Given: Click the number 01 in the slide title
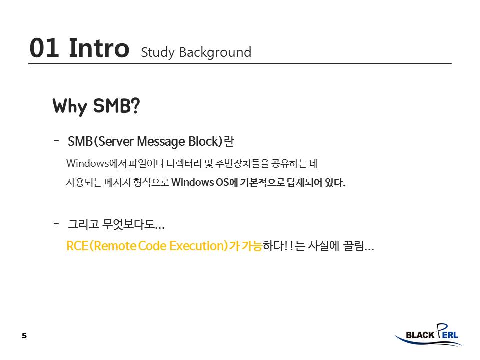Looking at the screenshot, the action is [44, 48].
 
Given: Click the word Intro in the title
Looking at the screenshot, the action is [99, 48].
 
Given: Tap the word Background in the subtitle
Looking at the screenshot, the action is [215, 52].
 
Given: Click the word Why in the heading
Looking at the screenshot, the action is [70, 107].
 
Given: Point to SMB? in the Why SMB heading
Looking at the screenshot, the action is [116, 105].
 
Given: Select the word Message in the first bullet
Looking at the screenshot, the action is [161, 142].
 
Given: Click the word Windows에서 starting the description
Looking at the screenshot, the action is [96, 163].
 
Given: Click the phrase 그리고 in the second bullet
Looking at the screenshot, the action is [83, 224].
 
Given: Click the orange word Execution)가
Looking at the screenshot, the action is [204, 246].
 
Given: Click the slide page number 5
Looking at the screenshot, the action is [24, 336].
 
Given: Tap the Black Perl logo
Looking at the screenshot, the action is [428, 335].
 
